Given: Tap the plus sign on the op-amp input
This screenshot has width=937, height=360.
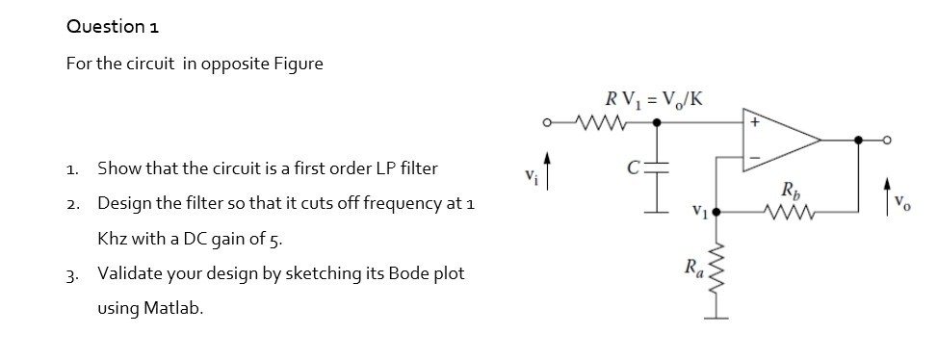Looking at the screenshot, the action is point(755,123).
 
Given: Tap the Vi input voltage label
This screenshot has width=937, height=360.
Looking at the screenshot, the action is point(526,176).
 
